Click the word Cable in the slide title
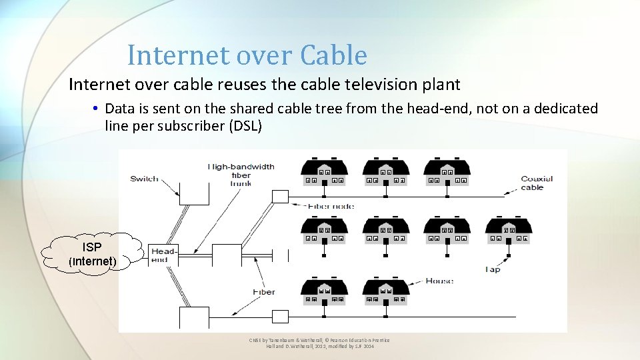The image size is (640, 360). point(333,55)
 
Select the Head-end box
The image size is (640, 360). point(163,255)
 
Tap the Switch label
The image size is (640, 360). point(144,178)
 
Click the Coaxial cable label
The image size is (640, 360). point(536,183)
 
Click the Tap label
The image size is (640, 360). point(493,269)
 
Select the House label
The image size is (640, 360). point(439,281)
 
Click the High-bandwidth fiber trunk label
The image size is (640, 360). point(241,175)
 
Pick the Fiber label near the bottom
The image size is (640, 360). point(263,292)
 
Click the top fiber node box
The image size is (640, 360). point(280,196)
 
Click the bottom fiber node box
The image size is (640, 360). point(280,316)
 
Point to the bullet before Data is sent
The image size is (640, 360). point(97,109)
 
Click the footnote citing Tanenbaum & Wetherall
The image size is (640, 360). point(319,343)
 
